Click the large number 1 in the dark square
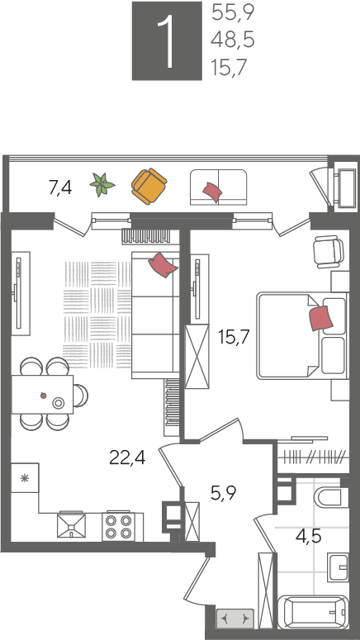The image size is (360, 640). pyautogui.click(x=166, y=41)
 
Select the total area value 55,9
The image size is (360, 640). pyautogui.click(x=233, y=14)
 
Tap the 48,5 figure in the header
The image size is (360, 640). pyautogui.click(x=233, y=40)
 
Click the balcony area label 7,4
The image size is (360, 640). pyautogui.click(x=60, y=188)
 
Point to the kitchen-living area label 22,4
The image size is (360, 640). pyautogui.click(x=127, y=458)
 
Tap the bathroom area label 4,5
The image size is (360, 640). pyautogui.click(x=309, y=535)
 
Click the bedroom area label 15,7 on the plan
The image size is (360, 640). pyautogui.click(x=234, y=337)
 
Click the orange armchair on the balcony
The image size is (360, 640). pyautogui.click(x=149, y=186)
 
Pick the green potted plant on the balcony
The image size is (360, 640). pyautogui.click(x=102, y=184)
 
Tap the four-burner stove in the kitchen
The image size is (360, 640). pyautogui.click(x=118, y=526)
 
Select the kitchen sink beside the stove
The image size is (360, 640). pyautogui.click(x=72, y=525)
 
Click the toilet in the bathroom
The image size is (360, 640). pyautogui.click(x=328, y=497)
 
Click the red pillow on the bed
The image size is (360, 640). pyautogui.click(x=321, y=319)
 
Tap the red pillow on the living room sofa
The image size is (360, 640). pyautogui.click(x=163, y=265)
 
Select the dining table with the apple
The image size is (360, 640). pyautogui.click(x=42, y=394)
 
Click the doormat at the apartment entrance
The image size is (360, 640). pyautogui.click(x=235, y=619)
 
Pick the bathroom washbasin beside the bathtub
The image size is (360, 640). pyautogui.click(x=339, y=567)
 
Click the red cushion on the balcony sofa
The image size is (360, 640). pyautogui.click(x=212, y=191)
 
